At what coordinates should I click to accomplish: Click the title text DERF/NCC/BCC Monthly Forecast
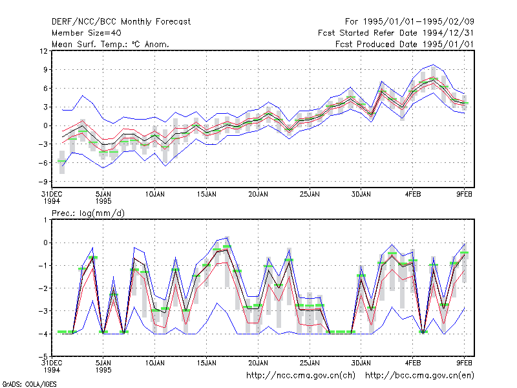click(x=121, y=22)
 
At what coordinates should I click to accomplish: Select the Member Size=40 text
click(x=87, y=33)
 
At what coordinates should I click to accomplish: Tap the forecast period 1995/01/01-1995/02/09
click(x=418, y=22)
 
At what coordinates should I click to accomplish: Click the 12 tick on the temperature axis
click(x=43, y=51)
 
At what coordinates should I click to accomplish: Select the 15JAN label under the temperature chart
click(x=206, y=195)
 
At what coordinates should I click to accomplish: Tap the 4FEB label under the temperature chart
click(x=413, y=195)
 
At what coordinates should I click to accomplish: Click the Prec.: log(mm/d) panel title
click(x=88, y=213)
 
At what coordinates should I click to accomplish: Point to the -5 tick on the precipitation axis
click(x=43, y=356)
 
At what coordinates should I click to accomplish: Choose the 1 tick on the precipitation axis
click(x=45, y=220)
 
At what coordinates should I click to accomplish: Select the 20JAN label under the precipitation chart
click(x=258, y=363)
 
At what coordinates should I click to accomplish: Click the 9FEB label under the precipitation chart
click(x=464, y=363)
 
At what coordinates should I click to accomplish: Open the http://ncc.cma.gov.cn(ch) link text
click(x=301, y=376)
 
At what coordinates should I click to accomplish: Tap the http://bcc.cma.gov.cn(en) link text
click(x=419, y=376)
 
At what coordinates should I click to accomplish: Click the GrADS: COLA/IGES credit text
click(x=29, y=384)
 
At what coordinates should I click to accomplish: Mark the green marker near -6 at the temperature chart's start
click(x=61, y=161)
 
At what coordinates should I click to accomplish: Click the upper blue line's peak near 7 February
click(x=434, y=65)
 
